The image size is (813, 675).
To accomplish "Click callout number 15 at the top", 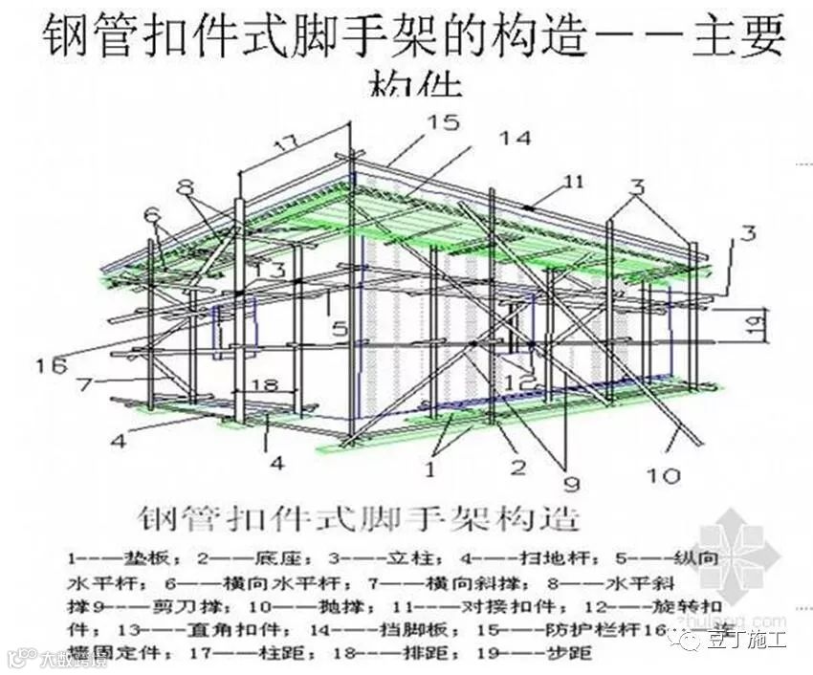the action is pos(442,121).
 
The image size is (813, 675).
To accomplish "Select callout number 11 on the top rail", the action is pos(573,180).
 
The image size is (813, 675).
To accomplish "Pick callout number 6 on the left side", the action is pos(150,215).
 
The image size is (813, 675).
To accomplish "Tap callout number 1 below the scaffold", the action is pos(430,470).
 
